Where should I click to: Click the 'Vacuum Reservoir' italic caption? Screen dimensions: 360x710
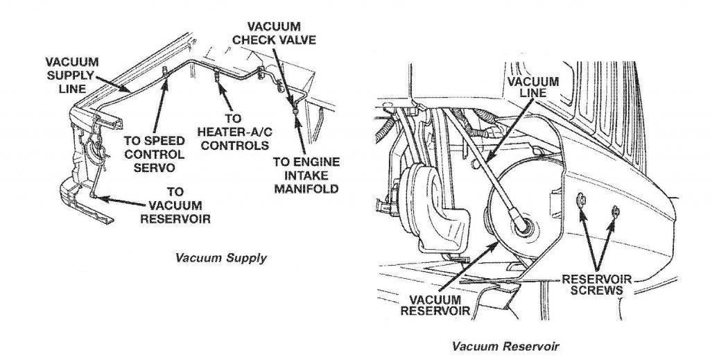(505, 345)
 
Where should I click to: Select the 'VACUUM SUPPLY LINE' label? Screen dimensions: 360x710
(71, 75)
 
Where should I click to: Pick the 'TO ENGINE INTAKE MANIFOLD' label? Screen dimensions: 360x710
(305, 174)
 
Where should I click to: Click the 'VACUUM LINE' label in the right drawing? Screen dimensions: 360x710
(535, 86)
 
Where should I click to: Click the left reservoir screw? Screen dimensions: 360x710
(580, 202)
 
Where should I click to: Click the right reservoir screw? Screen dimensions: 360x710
(614, 210)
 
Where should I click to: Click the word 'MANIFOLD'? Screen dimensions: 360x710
(306, 188)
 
